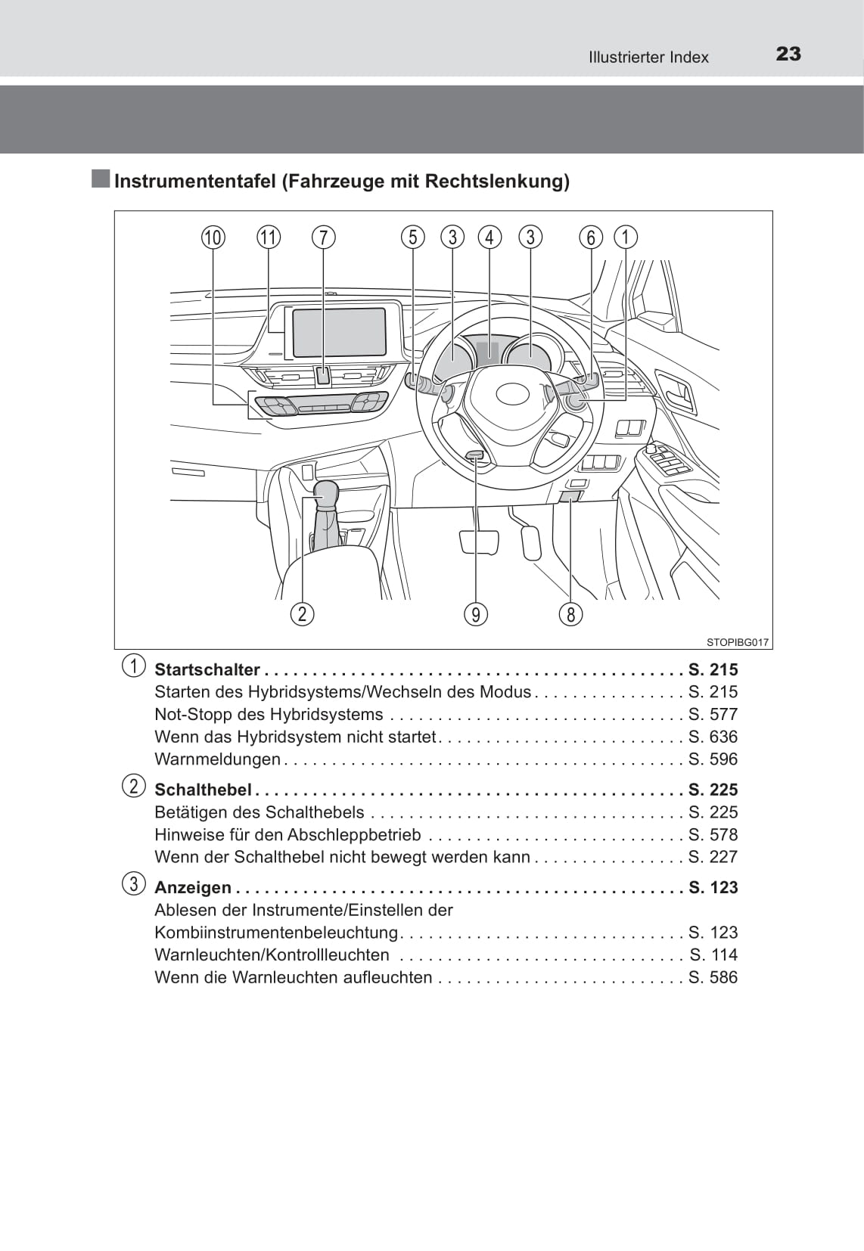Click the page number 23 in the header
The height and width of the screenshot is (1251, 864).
coord(788,54)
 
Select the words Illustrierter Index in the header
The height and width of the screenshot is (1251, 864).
coord(648,57)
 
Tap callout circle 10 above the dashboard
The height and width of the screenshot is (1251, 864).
coord(213,237)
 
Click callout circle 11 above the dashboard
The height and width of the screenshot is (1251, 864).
coord(269,237)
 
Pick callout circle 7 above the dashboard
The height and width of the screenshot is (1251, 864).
coord(323,237)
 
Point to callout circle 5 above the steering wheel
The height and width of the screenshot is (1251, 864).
coord(412,237)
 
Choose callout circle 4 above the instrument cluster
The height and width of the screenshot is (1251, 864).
coord(489,237)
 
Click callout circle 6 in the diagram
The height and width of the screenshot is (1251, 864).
coord(591,237)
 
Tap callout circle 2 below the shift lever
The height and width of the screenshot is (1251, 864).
coord(302,613)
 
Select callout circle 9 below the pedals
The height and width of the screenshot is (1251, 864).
coord(476,614)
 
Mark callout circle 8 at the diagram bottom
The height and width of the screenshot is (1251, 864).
coord(571,614)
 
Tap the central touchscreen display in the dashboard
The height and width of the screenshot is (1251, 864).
coord(339,332)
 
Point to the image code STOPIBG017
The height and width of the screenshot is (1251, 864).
coord(738,642)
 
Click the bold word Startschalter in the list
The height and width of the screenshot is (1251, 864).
coord(207,669)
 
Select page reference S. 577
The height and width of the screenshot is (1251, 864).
coord(713,714)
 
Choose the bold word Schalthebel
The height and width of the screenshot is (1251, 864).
coord(202,790)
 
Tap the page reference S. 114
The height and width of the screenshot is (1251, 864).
coord(713,955)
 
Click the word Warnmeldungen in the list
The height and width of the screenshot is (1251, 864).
coord(217,759)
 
